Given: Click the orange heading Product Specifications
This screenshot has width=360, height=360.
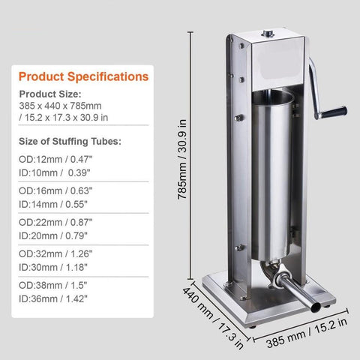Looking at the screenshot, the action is pos(83,76).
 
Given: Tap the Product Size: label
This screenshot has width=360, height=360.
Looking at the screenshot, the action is pos(50,94).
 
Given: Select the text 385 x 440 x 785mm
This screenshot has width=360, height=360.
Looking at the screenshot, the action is pos(60,106).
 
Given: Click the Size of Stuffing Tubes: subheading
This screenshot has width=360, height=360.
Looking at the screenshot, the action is pos(70,142).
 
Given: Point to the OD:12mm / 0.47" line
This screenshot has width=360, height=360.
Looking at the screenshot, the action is pos(55,159).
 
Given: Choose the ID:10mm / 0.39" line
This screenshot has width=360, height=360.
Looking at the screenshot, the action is pos(54,172).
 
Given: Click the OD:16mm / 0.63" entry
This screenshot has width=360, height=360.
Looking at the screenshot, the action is pos(55,190).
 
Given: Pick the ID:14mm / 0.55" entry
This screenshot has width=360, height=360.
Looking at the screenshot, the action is pos(53,204).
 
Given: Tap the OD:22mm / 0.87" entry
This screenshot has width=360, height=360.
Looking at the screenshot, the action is pos(55,222).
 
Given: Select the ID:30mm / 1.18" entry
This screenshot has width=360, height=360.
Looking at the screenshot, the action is pos(53,267).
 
